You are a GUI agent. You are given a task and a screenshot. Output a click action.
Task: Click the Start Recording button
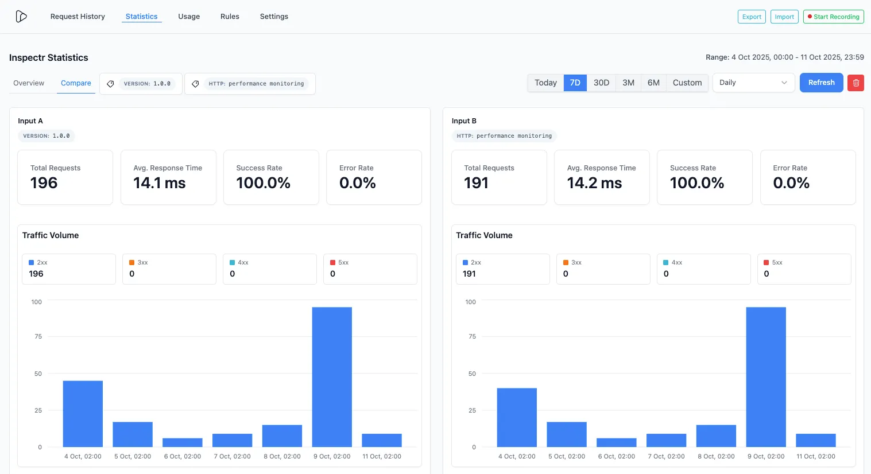coord(833,17)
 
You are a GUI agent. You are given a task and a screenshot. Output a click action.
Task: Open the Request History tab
coord(78,17)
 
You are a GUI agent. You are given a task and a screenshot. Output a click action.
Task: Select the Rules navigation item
coord(230,17)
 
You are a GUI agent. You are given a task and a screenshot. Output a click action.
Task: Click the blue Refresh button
coord(821,83)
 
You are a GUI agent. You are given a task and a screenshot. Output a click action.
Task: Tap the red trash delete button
coord(855,83)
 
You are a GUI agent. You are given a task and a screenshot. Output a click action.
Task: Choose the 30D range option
coord(601,83)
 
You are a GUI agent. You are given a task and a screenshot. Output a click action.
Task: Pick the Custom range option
coord(687,83)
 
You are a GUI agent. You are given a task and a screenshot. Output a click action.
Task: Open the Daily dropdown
coord(753,83)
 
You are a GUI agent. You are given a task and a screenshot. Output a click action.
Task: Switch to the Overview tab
coord(29,83)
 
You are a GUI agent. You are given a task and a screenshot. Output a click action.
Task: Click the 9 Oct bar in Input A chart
coord(332,377)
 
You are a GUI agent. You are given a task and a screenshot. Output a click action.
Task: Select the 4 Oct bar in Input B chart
coord(517,417)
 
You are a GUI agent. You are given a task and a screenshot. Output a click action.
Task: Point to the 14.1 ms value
coord(160,183)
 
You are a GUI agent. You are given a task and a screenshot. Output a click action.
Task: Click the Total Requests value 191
coord(476,183)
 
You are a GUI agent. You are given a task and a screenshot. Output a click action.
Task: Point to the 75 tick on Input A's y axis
coord(38,336)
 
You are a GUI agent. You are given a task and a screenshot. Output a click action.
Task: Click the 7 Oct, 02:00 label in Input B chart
coord(666,457)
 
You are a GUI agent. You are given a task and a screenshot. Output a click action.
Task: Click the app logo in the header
coord(21,17)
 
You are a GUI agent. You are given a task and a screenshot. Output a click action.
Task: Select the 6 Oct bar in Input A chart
coord(183,442)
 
